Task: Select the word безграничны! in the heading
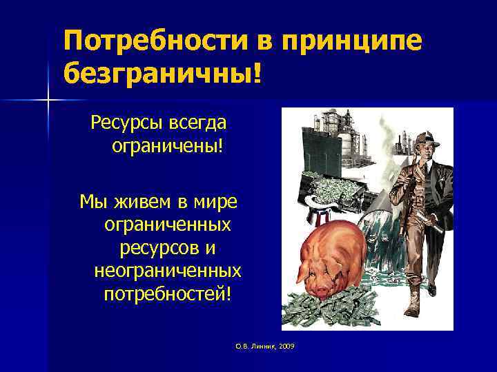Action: [162, 72]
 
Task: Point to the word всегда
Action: [199, 125]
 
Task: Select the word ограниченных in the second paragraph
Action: [168, 225]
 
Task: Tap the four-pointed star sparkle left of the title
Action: [48, 101]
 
